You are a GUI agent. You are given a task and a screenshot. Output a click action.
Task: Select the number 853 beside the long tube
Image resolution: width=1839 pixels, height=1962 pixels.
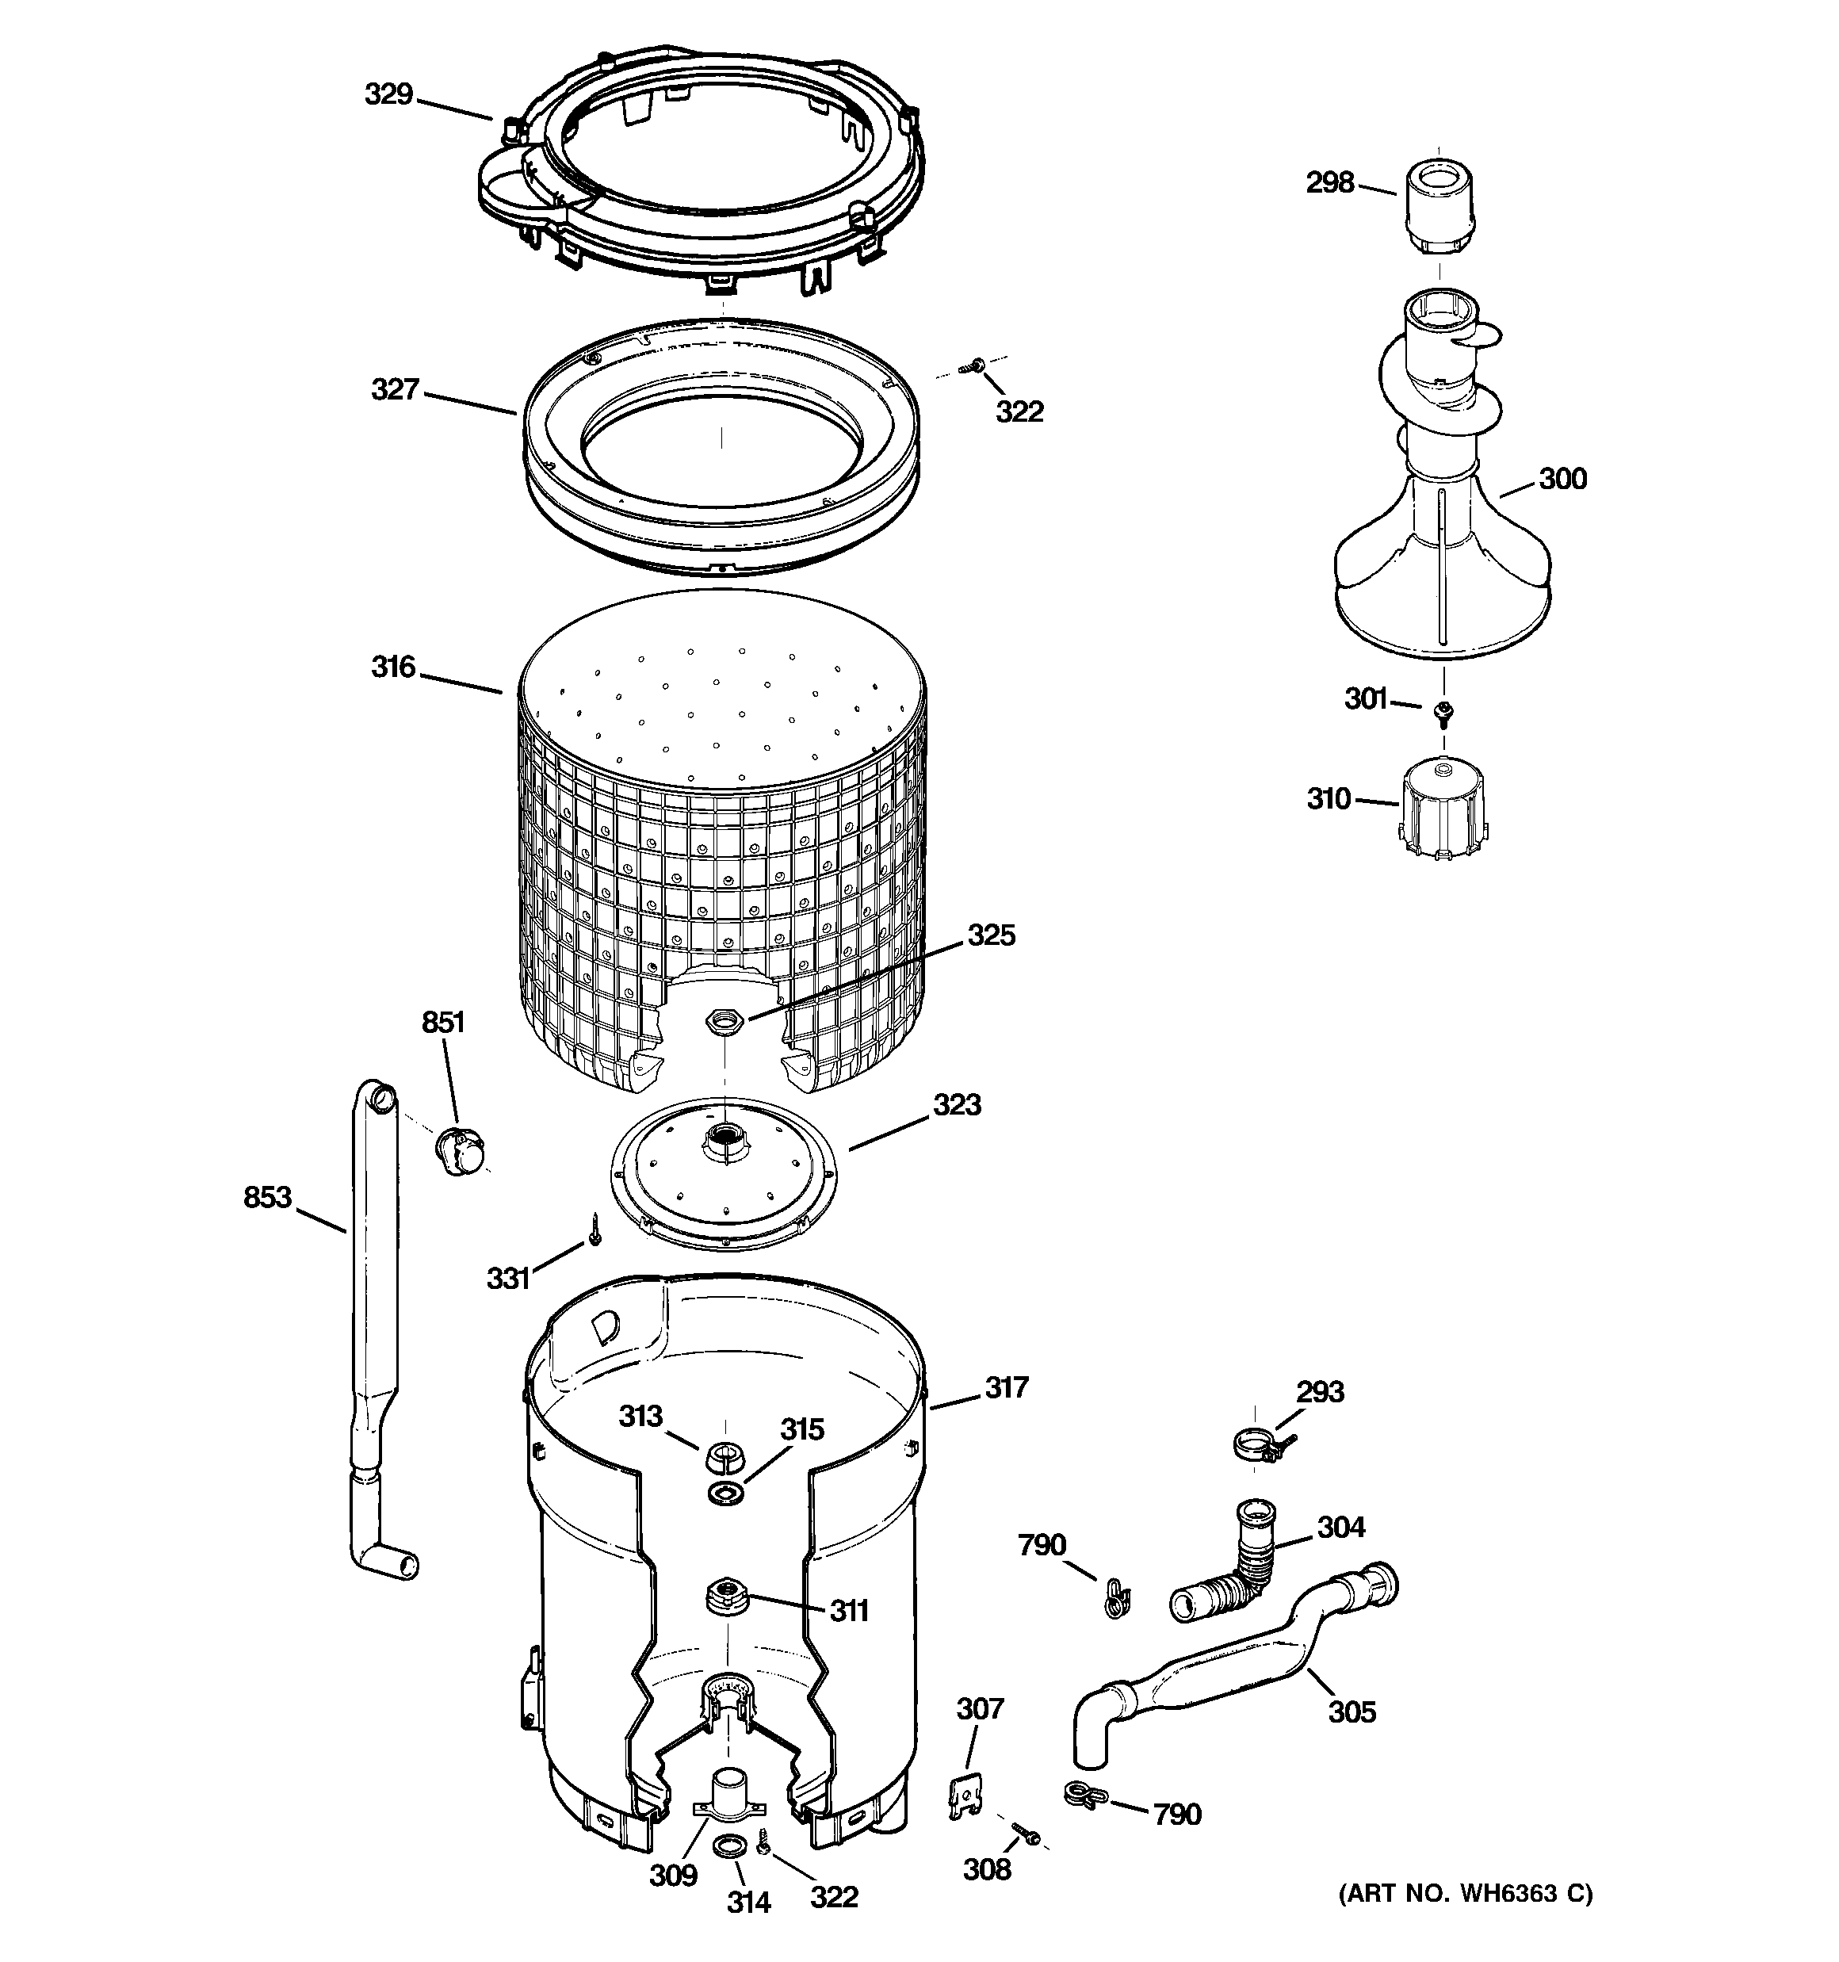coord(266,1197)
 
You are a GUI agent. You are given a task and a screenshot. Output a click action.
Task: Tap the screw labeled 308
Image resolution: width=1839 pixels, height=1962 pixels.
coord(1026,1834)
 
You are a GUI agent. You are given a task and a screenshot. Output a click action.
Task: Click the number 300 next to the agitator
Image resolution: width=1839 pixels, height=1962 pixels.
coord(1562,480)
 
